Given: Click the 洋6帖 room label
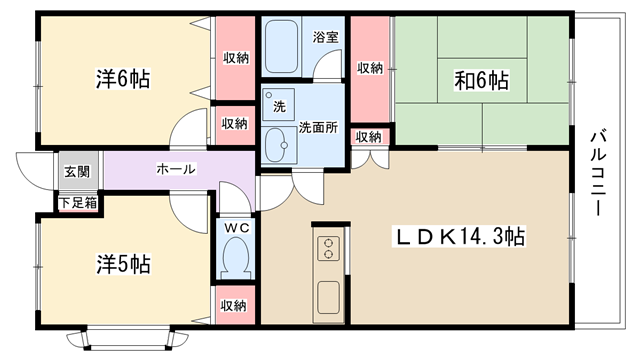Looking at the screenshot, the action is pyautogui.click(x=123, y=79).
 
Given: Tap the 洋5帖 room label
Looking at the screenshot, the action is pyautogui.click(x=123, y=264).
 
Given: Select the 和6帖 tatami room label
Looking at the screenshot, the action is pyautogui.click(x=482, y=80).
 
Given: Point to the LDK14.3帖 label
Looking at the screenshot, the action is pyautogui.click(x=460, y=236).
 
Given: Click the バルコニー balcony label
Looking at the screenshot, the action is pyautogui.click(x=598, y=172).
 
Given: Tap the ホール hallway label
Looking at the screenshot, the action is pyautogui.click(x=176, y=169).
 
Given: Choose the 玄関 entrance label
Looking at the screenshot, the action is pyautogui.click(x=77, y=171).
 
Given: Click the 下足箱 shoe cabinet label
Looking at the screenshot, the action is pyautogui.click(x=78, y=202).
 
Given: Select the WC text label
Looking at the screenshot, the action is pyautogui.click(x=237, y=228).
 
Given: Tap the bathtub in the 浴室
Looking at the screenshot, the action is pyautogui.click(x=281, y=47).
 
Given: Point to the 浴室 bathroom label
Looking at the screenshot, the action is pyautogui.click(x=325, y=37).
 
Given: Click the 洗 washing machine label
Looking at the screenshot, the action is pyautogui.click(x=279, y=107).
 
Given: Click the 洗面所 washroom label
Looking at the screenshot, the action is pyautogui.click(x=318, y=127).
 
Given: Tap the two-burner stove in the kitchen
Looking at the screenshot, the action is pyautogui.click(x=328, y=249).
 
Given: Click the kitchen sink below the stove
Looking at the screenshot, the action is pyautogui.click(x=329, y=297).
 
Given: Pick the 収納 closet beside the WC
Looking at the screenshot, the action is pyautogui.click(x=234, y=305).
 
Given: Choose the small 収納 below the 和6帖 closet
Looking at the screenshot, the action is pyautogui.click(x=369, y=137).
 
